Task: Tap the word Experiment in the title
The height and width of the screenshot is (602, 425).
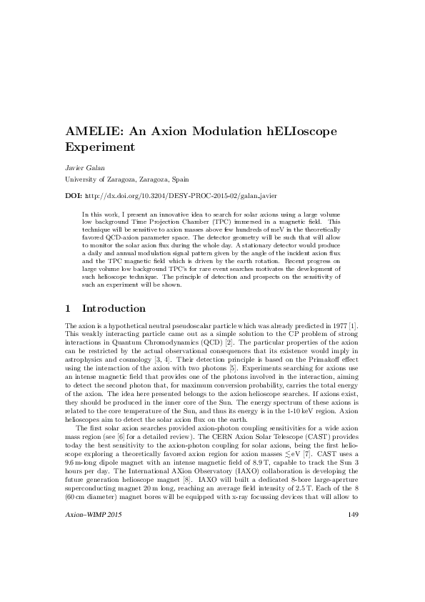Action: click(100, 149)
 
